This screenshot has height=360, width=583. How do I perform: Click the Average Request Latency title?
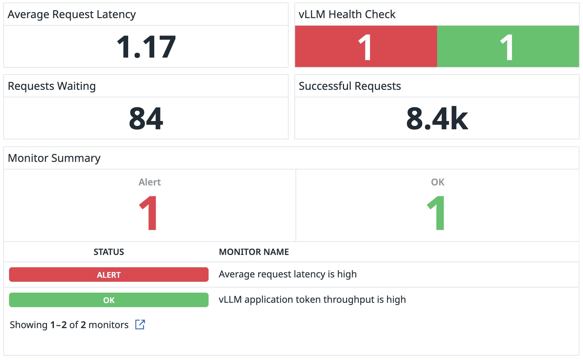tap(72, 14)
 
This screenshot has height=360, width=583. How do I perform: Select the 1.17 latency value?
tap(146, 47)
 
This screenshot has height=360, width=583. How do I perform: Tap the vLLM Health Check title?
tap(347, 14)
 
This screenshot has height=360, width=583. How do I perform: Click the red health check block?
tap(366, 47)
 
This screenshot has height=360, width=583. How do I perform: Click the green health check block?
tap(508, 47)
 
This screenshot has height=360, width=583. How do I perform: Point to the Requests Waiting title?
tap(52, 86)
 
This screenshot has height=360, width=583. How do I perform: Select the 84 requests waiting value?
tap(146, 118)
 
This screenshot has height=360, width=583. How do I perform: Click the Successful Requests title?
tap(349, 86)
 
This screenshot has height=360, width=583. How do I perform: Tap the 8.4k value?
tap(437, 118)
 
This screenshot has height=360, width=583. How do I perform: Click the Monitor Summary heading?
tap(54, 158)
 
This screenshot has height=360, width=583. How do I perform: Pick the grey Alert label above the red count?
tap(150, 182)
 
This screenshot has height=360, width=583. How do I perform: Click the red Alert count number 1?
tap(148, 213)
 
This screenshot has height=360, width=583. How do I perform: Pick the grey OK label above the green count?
tap(437, 182)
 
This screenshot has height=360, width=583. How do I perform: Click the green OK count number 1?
tap(436, 213)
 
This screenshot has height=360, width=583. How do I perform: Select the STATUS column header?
tap(109, 252)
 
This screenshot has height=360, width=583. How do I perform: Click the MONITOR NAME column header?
tap(254, 252)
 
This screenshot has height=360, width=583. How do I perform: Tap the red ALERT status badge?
tap(109, 275)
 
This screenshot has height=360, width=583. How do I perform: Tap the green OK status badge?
tap(109, 300)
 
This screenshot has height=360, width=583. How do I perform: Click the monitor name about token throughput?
tap(312, 300)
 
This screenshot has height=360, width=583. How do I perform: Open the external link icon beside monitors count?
tap(140, 325)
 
